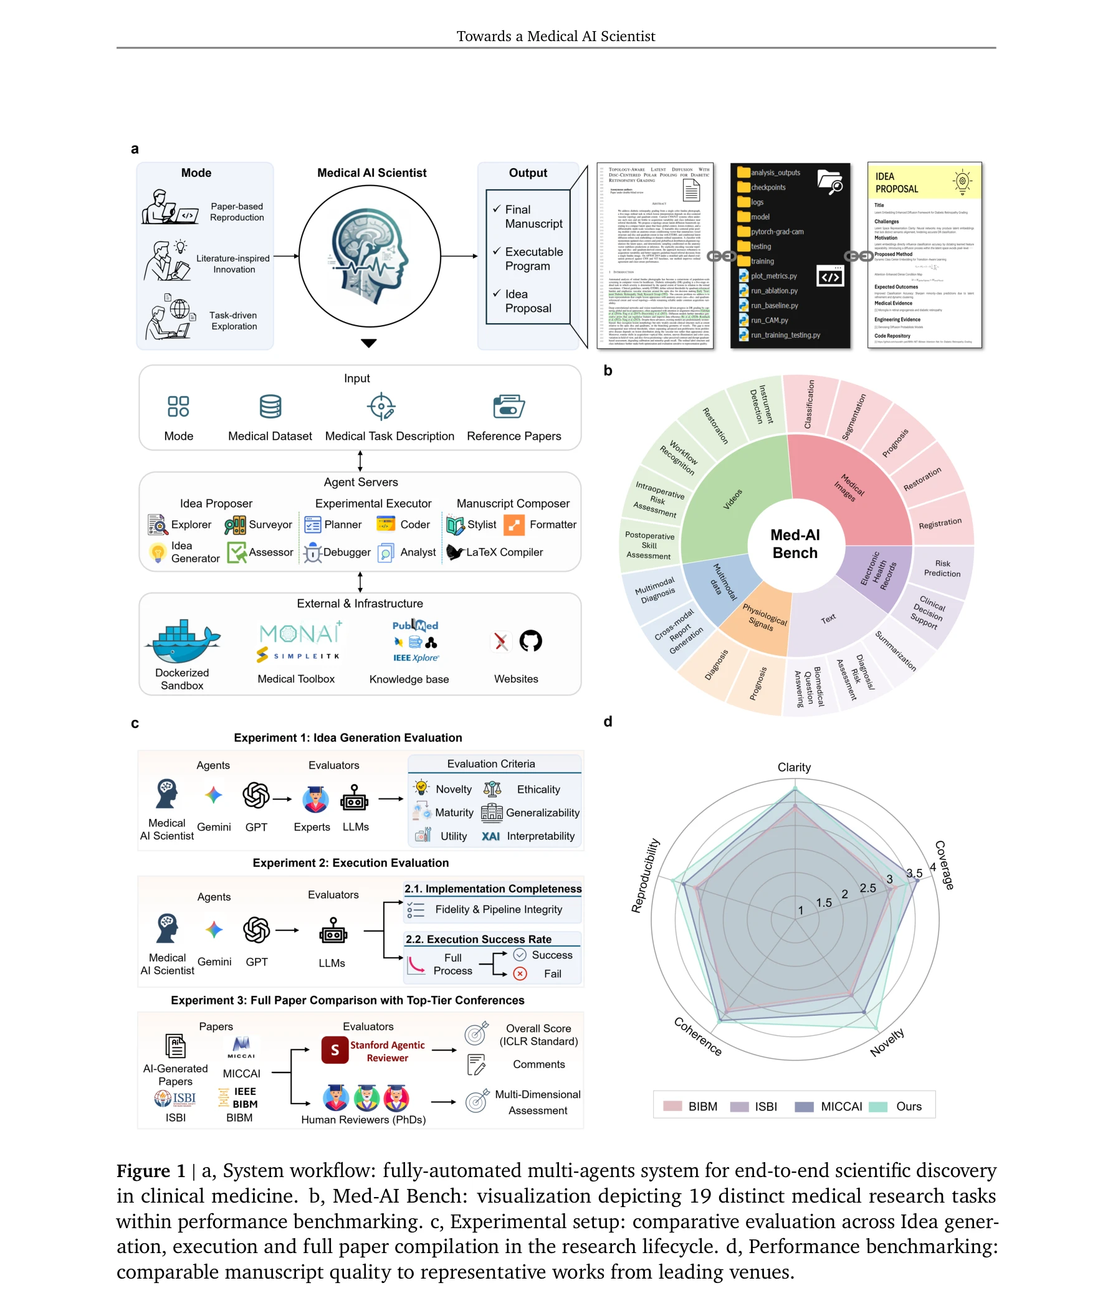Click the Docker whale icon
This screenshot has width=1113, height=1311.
[x=183, y=641]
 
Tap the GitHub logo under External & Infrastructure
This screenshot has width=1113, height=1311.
[x=530, y=641]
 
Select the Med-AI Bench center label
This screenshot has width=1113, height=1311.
[x=795, y=543]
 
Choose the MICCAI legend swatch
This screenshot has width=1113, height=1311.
[x=803, y=1106]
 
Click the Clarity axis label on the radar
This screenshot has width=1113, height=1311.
[x=794, y=767]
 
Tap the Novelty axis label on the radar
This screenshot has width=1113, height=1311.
[x=887, y=1041]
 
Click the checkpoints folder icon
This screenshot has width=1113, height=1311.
[x=743, y=187]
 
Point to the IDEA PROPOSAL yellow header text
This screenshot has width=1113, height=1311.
[x=896, y=182]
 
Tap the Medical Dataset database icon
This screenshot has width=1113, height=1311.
[x=270, y=407]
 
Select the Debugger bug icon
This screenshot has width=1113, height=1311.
[x=312, y=552]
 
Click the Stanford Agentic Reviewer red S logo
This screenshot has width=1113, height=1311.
[x=335, y=1050]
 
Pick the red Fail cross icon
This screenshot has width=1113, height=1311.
[x=519, y=973]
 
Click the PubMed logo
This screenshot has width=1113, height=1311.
[x=414, y=625]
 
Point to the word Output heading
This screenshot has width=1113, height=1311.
[x=527, y=173]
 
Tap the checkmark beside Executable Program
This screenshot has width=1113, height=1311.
[x=497, y=251]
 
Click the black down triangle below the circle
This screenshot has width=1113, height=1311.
[x=368, y=343]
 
